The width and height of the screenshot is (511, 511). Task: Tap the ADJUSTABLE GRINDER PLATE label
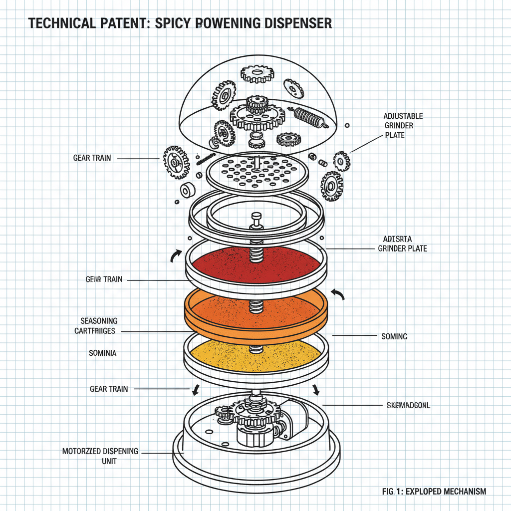[x=403, y=125]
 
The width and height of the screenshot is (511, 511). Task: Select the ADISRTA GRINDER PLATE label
[x=402, y=244]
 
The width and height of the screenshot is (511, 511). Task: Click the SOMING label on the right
[x=394, y=336]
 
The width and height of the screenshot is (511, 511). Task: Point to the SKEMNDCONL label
[x=408, y=405]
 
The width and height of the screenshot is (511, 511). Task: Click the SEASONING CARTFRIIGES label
[x=99, y=325]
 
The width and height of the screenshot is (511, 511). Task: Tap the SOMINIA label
[x=102, y=353]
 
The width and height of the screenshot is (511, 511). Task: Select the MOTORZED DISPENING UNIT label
[x=100, y=456]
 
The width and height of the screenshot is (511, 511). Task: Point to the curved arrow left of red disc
[x=176, y=255]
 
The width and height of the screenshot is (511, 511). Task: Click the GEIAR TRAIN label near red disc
[x=104, y=279]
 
